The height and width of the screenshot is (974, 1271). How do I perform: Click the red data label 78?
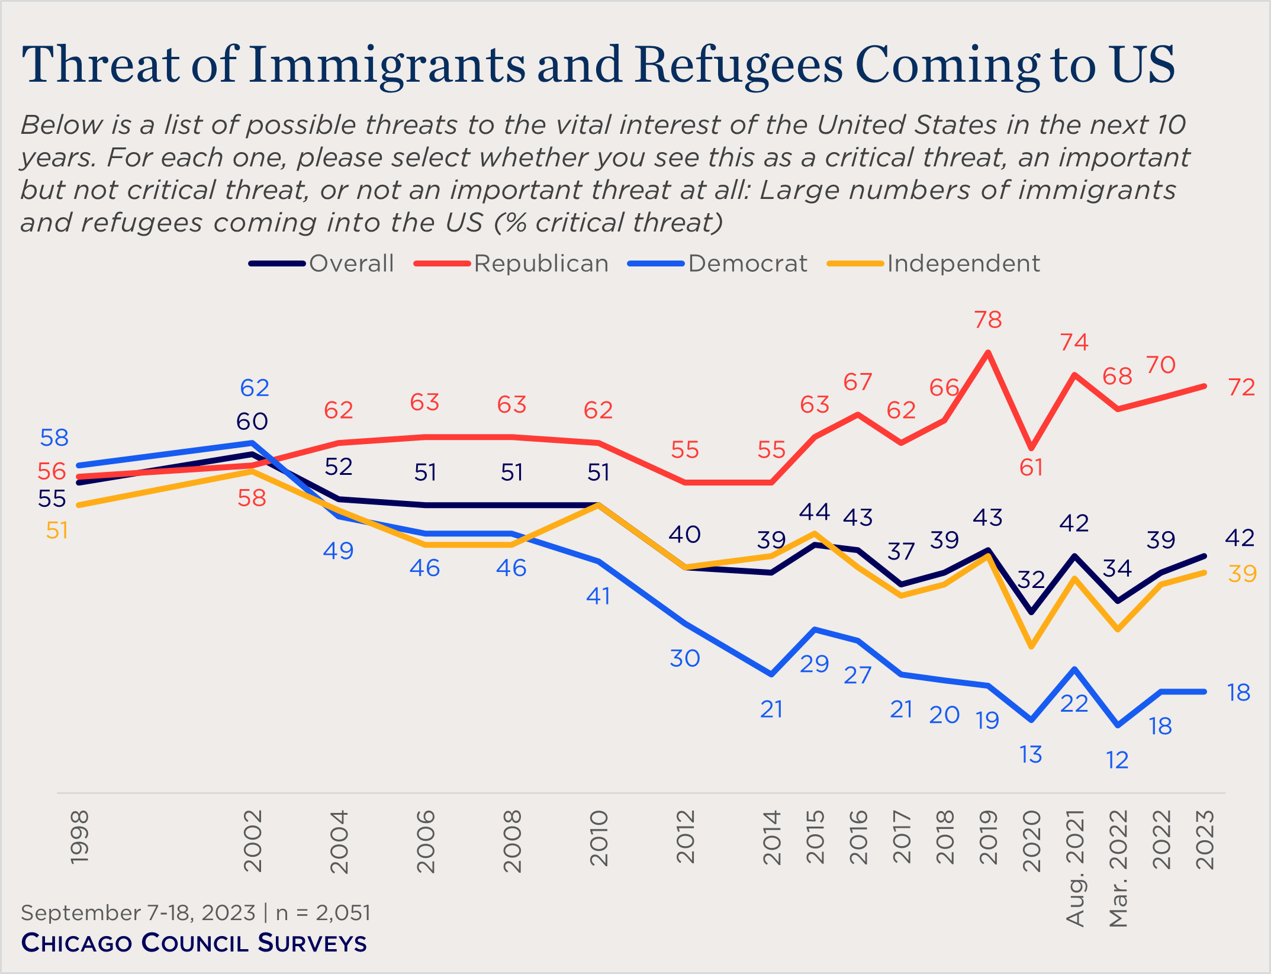click(x=988, y=320)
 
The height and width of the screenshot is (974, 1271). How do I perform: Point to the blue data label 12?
click(x=1117, y=760)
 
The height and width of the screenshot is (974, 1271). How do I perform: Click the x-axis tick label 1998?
click(x=79, y=837)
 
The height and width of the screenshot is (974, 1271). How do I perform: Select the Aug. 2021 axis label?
click(x=1074, y=867)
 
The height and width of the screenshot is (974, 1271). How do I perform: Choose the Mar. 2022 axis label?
click(x=1118, y=867)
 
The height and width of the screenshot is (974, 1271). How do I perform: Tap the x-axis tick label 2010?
click(x=599, y=838)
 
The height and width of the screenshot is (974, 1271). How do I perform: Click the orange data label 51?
click(x=57, y=531)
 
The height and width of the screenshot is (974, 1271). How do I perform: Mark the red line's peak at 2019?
click(x=987, y=353)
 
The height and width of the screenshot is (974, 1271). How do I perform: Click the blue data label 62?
click(x=255, y=388)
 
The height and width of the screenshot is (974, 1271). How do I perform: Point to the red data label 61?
click(x=1031, y=468)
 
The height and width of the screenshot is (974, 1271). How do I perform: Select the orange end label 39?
click(x=1242, y=574)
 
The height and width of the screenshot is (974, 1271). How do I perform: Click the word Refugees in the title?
click(x=740, y=65)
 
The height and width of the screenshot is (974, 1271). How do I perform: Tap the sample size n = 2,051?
click(x=323, y=912)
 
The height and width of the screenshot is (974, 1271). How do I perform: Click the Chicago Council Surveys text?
click(x=194, y=943)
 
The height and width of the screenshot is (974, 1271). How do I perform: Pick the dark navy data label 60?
click(x=252, y=422)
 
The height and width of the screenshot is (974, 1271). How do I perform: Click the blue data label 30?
click(x=685, y=658)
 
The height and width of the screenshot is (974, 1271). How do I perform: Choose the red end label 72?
click(x=1242, y=387)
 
